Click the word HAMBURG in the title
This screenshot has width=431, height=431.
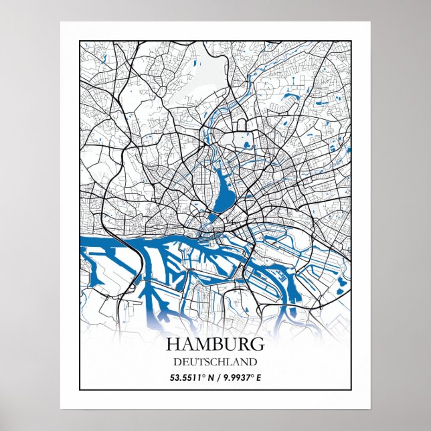tap(214, 345)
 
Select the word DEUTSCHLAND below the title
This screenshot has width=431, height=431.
tap(215, 362)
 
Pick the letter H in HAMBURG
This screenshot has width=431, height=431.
tap(172, 345)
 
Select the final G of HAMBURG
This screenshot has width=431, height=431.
tap(257, 345)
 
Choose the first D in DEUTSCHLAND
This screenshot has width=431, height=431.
tap(177, 362)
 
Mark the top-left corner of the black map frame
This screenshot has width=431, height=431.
tap(80, 41)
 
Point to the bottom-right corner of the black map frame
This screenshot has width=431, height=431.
tap(351, 389)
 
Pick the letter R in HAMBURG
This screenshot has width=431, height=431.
tap(244, 345)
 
